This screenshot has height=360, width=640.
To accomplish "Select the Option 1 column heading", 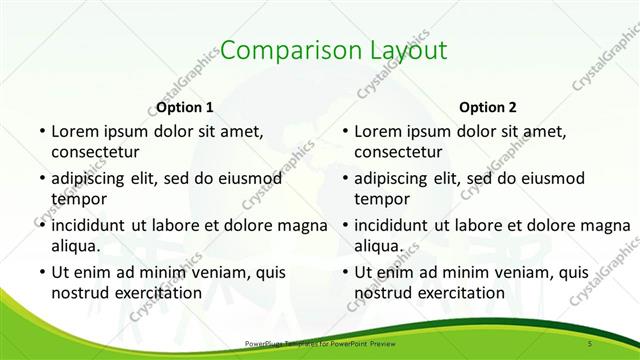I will coord(185,107).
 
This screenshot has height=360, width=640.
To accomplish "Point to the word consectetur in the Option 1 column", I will coord(95,152).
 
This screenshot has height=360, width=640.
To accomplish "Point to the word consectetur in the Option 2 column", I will coord(398,152).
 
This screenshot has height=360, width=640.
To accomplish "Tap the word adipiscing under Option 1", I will coord(93,178).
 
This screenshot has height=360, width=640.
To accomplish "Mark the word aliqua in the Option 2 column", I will coord(378,246).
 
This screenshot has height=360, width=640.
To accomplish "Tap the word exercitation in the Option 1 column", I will coord(156,293).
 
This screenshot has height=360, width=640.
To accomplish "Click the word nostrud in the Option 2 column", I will coord(382,293).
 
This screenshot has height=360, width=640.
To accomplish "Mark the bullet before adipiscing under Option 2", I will coord(344,178).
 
